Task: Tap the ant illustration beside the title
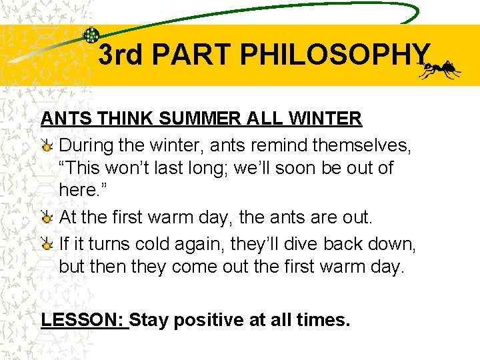click(442, 68)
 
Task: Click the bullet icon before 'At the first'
click(47, 218)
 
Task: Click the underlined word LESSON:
click(83, 320)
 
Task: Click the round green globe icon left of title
click(91, 36)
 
